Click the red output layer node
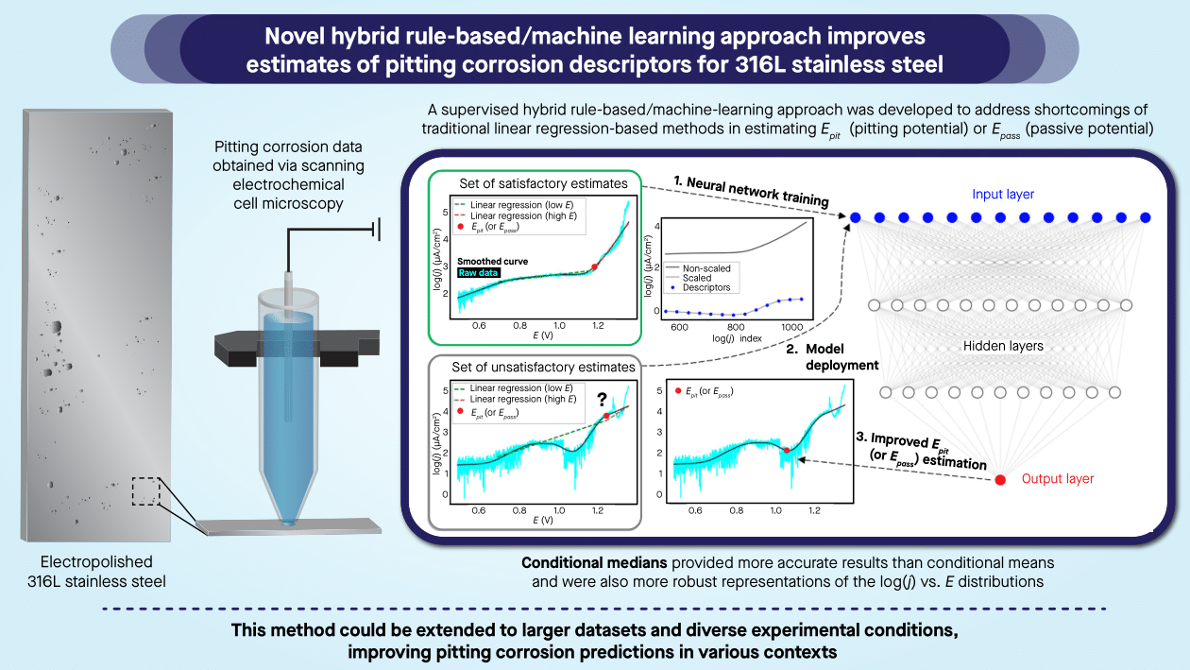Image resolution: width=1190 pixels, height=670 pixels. coord(1000,480)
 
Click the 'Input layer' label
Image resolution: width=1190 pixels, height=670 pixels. coord(1002,194)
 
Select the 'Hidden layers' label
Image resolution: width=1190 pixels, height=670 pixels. coord(1002,346)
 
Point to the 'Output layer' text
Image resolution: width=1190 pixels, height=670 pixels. coord(1058,479)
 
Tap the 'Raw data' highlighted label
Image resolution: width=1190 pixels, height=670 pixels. coord(478,273)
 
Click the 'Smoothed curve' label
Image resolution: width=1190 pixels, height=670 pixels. coord(493,261)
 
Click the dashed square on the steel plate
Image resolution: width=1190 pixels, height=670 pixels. coord(147,492)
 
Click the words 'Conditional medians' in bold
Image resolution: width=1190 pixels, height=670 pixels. coord(594,562)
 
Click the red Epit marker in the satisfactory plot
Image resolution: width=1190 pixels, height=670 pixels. coord(594,267)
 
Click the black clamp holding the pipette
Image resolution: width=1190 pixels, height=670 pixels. coord(297,347)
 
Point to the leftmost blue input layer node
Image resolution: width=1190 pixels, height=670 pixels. coord(855,217)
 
